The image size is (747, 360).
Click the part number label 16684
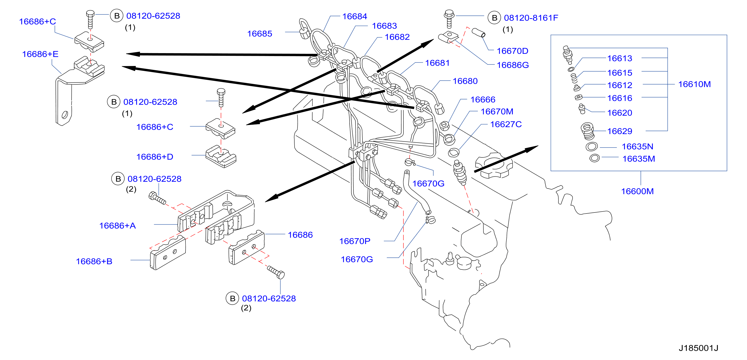[354, 16]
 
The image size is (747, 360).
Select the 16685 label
[259, 34]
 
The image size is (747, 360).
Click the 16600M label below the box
[637, 191]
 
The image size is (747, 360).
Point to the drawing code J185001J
[698, 348]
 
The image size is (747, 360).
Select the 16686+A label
[117, 225]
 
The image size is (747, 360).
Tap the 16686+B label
[94, 261]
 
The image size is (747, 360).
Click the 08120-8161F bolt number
[531, 18]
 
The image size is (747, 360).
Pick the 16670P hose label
[355, 241]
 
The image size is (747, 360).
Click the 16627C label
[506, 124]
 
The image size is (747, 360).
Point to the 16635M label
[639, 159]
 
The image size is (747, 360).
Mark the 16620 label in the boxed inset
[619, 113]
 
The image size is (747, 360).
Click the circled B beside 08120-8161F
[494, 18]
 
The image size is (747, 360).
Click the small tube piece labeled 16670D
[478, 33]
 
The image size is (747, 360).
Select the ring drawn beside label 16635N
[592, 147]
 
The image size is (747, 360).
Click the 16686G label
[513, 65]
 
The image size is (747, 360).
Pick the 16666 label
[482, 99]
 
